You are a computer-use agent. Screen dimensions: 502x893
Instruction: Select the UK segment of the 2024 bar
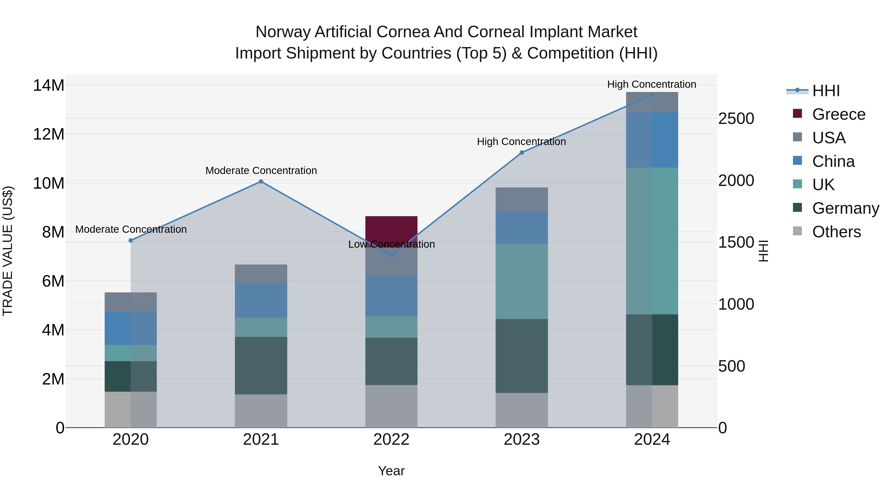[x=652, y=241]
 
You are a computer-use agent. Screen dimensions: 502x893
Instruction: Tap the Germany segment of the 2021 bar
[x=261, y=365]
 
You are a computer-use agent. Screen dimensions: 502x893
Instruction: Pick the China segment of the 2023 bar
[x=521, y=228]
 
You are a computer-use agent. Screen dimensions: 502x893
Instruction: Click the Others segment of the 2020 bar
[x=131, y=410]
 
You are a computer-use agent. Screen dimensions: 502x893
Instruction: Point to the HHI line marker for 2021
[x=261, y=181]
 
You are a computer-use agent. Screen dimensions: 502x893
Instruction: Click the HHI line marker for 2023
[x=521, y=152]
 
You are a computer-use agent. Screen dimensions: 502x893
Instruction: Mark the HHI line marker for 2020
[x=131, y=240]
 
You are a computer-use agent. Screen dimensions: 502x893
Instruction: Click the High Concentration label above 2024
[x=651, y=84]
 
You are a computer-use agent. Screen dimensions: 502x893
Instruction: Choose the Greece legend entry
[x=838, y=114]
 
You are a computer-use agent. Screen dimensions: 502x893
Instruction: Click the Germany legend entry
[x=845, y=208]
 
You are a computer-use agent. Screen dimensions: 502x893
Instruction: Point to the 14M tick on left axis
[x=49, y=86]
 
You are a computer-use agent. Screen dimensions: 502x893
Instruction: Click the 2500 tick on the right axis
[x=736, y=119]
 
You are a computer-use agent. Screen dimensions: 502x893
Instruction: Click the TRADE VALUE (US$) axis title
[x=8, y=251]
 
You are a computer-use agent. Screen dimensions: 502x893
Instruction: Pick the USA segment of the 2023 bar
[x=521, y=200]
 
